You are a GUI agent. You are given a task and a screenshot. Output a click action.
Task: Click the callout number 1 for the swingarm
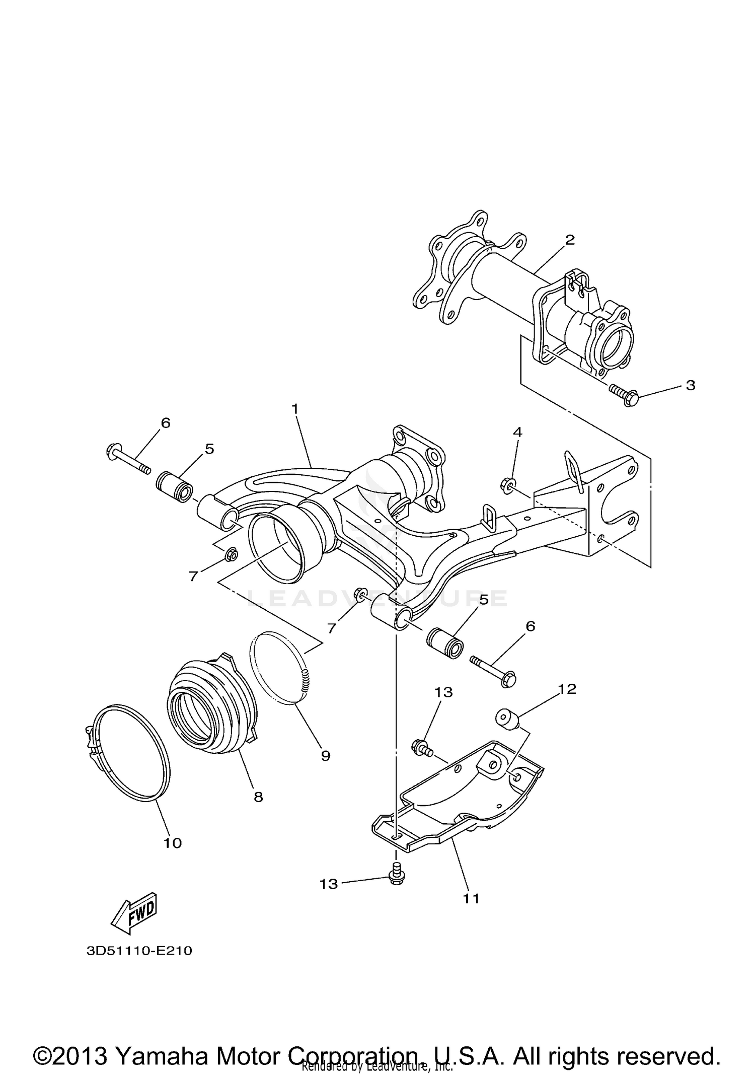point(295,409)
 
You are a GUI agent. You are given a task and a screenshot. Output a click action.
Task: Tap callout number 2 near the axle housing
point(569,240)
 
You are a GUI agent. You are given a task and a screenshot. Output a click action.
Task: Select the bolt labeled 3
point(624,395)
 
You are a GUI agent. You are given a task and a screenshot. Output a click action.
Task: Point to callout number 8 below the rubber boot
point(258,797)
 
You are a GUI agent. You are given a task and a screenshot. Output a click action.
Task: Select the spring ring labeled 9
point(282,670)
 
